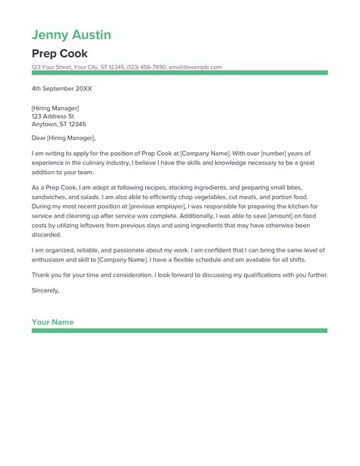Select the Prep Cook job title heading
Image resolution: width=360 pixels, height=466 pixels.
tap(59, 53)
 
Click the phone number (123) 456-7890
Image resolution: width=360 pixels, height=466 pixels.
tap(148, 67)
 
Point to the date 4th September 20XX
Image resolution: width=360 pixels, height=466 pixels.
tap(62, 88)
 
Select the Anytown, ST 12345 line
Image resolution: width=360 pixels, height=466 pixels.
tap(58, 124)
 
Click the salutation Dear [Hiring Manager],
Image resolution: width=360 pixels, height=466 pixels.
tap(64, 138)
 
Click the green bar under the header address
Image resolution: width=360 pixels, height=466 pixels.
tap(179, 73)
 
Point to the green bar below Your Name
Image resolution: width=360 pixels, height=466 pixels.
tap(179, 331)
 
